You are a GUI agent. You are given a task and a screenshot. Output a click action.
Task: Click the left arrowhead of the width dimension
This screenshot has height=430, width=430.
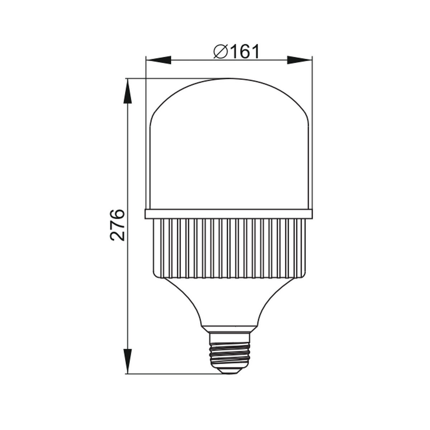tap(158, 60)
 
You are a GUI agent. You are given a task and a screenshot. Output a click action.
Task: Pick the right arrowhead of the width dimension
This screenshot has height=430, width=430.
tap(300, 60)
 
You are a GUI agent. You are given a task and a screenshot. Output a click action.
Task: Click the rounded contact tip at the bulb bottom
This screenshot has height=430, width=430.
tap(229, 371)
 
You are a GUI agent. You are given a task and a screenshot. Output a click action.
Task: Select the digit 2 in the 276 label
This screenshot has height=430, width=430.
tap(118, 235)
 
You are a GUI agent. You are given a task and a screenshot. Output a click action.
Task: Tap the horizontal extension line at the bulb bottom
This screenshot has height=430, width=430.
tap(172, 374)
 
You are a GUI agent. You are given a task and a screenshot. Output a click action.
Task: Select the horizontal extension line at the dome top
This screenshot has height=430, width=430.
tap(172, 78)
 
